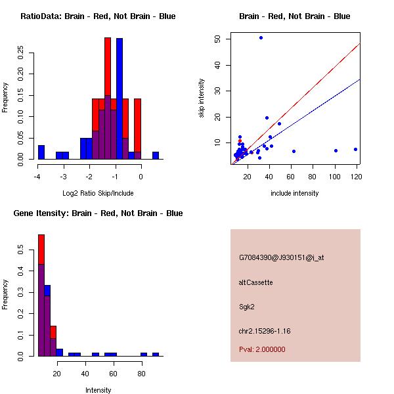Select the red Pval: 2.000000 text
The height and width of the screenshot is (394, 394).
coord(262,349)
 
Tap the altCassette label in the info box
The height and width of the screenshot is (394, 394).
coord(255,282)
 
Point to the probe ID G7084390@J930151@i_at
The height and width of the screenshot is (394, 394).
coord(281,257)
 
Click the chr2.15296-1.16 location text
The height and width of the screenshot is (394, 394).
coord(264,331)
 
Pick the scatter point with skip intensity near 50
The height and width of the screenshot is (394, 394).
coord(261,37)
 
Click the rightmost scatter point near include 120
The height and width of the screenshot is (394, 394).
coord(355,149)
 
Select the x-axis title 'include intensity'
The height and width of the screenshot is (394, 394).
coord(295,193)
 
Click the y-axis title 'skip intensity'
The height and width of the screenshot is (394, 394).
coord(202,98)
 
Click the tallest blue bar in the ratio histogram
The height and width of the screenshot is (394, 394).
coord(120,98)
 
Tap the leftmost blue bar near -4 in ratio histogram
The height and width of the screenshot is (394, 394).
coord(41,152)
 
